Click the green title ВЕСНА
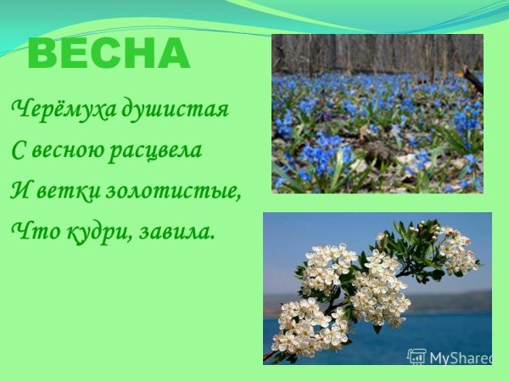109,54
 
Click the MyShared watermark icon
417,357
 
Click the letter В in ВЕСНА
42,54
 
